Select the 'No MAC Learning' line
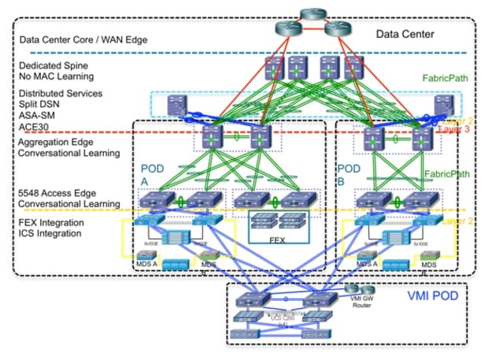coord(57,76)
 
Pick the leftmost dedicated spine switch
coord(274,68)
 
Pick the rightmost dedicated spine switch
coord(353,68)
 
